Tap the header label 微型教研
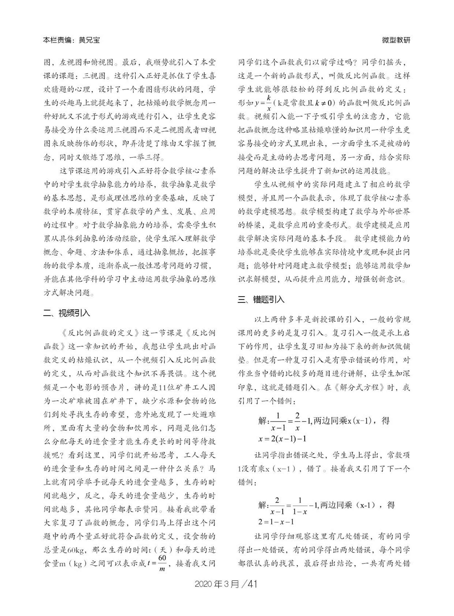coord(396,40)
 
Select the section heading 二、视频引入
coord(67,313)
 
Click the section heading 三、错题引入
coord(261,299)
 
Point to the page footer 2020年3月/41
coord(226,583)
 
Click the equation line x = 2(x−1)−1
coord(282,439)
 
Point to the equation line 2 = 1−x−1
coord(276,522)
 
